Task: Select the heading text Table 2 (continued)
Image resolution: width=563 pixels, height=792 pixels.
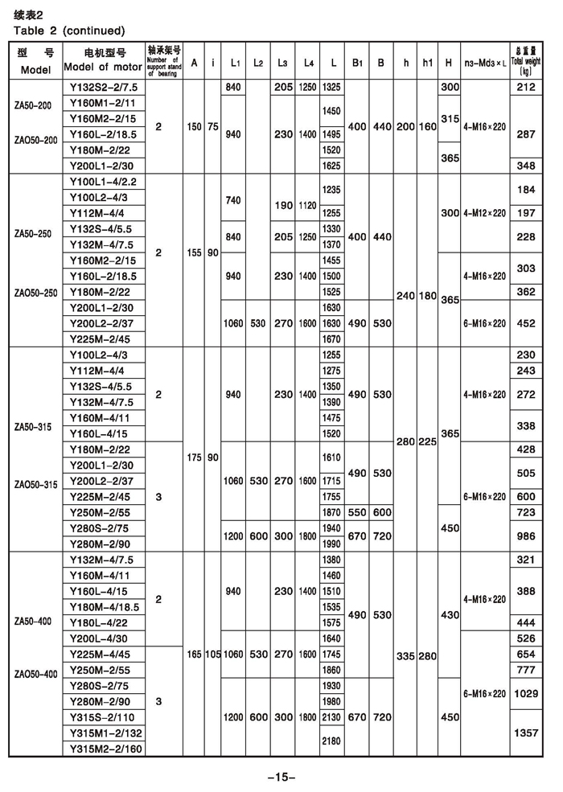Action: tap(70, 31)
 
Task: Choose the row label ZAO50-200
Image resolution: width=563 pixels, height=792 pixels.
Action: tap(36, 140)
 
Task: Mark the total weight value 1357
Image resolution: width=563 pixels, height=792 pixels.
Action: tap(526, 732)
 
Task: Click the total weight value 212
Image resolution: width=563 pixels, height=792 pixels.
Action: tap(526, 87)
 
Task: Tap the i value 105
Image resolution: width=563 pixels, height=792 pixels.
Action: tap(212, 655)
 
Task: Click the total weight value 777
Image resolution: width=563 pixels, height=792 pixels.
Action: tap(526, 670)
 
